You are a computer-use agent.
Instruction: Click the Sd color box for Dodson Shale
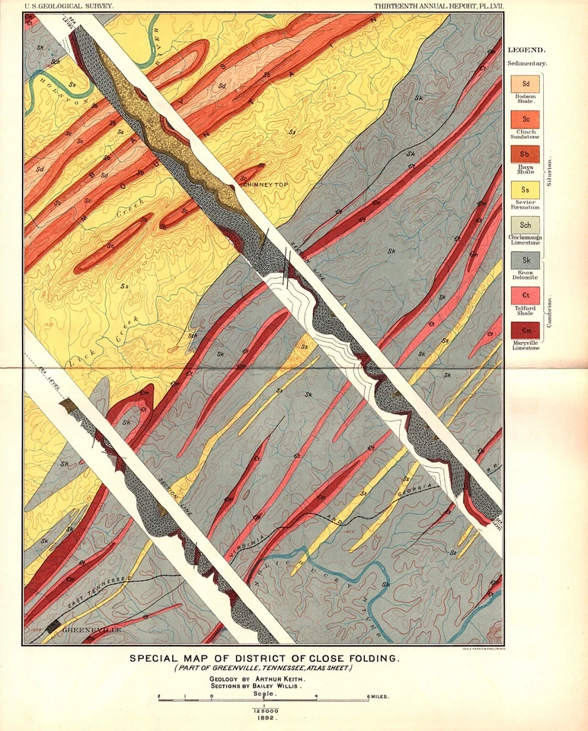(526, 84)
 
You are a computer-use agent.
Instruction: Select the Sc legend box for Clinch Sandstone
(526, 120)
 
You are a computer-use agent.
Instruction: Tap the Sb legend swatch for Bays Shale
(526, 155)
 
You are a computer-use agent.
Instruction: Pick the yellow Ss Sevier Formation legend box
(526, 190)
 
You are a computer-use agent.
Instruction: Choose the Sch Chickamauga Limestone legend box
(526, 225)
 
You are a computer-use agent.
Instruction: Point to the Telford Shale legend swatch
(526, 295)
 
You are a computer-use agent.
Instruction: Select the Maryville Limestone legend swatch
(526, 330)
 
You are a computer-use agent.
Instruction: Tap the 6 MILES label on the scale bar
(378, 697)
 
